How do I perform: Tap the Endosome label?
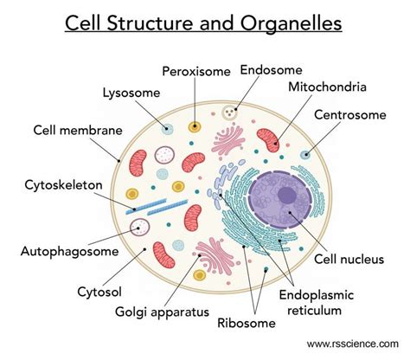[x=270, y=69]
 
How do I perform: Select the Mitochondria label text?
[x=330, y=87]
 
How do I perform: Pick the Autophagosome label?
[x=68, y=251]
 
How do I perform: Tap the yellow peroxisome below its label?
[x=196, y=126]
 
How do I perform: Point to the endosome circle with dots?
[x=229, y=112]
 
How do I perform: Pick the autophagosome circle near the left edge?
[x=136, y=228]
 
